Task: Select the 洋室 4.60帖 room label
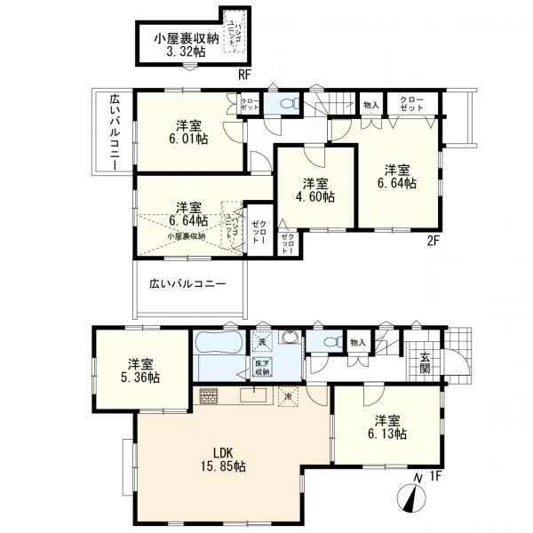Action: click(x=317, y=190)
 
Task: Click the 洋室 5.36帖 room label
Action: click(x=142, y=370)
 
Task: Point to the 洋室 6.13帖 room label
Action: click(x=389, y=426)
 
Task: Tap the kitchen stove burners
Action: click(x=209, y=396)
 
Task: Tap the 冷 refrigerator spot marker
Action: click(x=288, y=396)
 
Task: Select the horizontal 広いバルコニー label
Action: click(x=187, y=283)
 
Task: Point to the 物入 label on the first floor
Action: click(x=357, y=341)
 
